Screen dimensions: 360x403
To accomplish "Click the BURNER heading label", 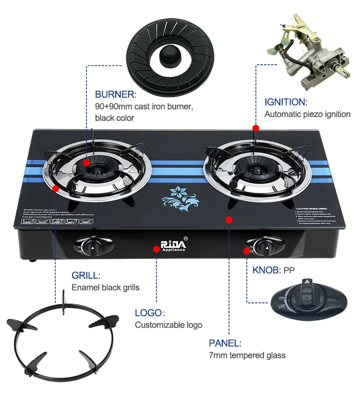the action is [116, 95].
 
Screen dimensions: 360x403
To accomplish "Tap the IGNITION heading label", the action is [286, 102].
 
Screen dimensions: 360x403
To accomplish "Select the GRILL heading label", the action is [86, 275].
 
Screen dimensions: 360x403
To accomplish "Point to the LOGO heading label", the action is [149, 313].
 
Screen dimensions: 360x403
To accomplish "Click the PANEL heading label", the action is [225, 343].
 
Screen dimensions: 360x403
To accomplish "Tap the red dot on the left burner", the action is [86, 162].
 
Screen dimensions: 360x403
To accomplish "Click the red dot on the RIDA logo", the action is [156, 249].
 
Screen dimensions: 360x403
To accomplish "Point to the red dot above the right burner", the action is [256, 128].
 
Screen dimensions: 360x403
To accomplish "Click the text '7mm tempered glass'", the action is [247, 355].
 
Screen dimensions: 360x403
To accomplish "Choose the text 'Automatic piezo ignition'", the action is [307, 114].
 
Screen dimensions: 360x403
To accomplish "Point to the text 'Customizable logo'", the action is [168, 325].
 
